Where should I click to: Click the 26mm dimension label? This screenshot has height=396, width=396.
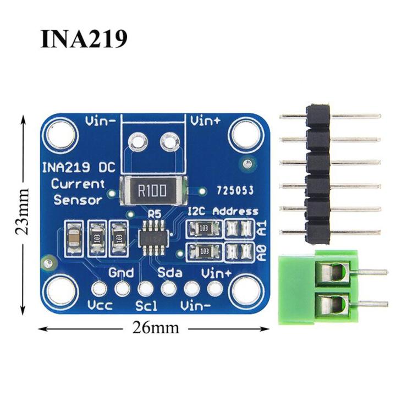(x=156, y=328)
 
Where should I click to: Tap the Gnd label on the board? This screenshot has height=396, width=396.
(x=121, y=272)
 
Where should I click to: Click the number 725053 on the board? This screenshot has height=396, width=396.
(x=235, y=191)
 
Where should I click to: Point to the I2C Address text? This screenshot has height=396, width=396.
(x=223, y=211)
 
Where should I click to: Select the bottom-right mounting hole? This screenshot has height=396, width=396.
(x=244, y=288)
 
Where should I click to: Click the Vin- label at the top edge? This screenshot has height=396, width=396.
(x=100, y=121)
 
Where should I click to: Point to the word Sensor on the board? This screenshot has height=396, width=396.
(x=78, y=200)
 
